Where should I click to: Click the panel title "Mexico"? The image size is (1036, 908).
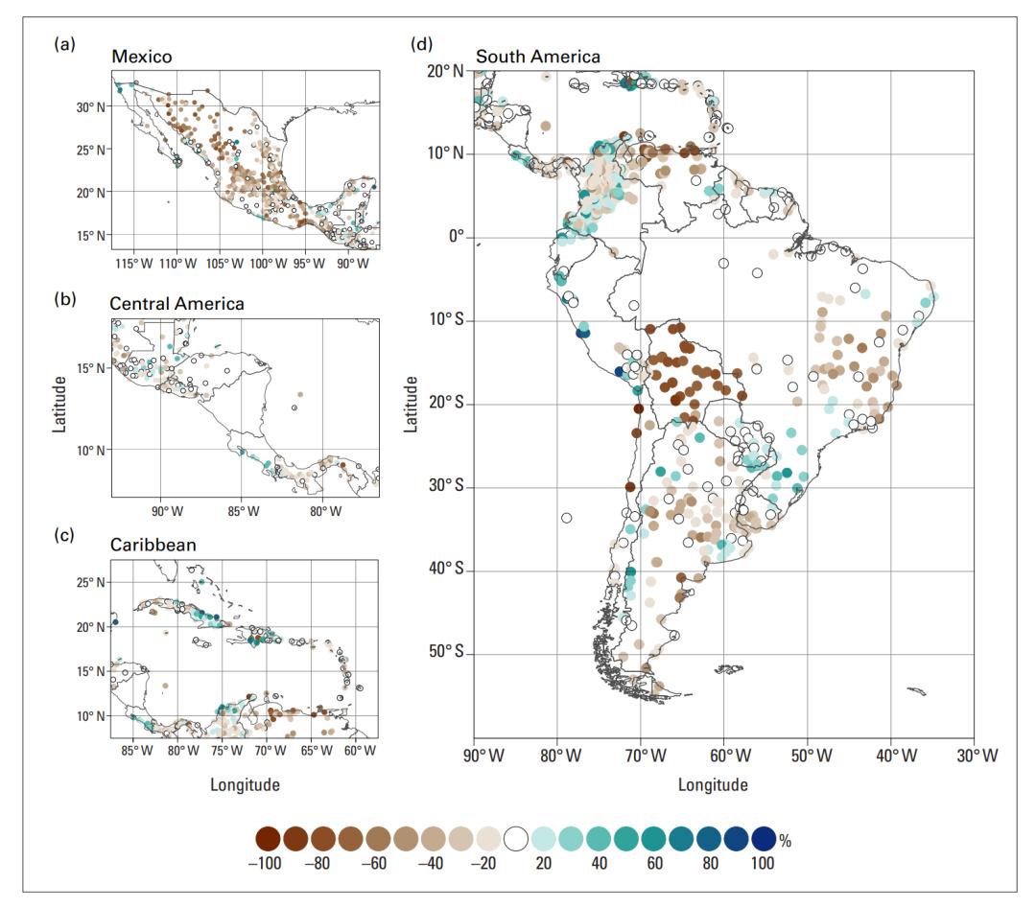142,57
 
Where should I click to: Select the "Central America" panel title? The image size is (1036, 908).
177,304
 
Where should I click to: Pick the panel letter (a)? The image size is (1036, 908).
65,44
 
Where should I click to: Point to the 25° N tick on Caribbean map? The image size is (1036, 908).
91,583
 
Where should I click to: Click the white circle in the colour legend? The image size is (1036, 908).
519,839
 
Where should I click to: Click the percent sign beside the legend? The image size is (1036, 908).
786,841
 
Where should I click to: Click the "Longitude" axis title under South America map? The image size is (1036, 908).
713,785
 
